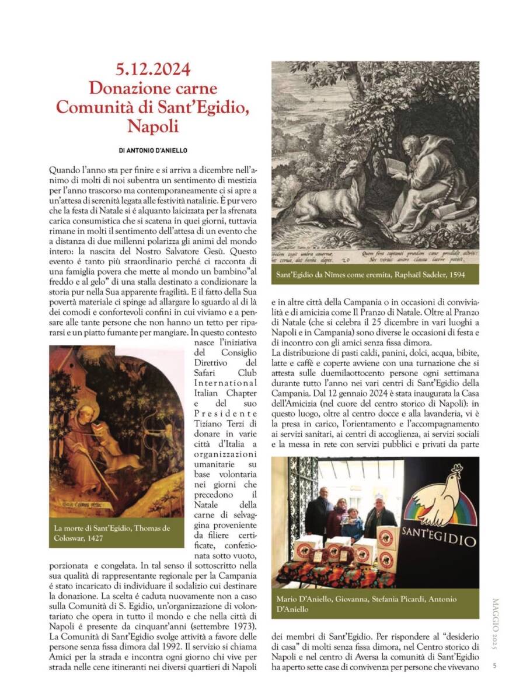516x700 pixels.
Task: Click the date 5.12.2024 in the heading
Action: (152, 69)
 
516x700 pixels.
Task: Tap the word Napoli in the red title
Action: (152, 126)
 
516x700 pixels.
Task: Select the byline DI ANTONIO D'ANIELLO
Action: (153, 150)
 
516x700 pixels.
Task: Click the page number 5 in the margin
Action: (494, 665)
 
